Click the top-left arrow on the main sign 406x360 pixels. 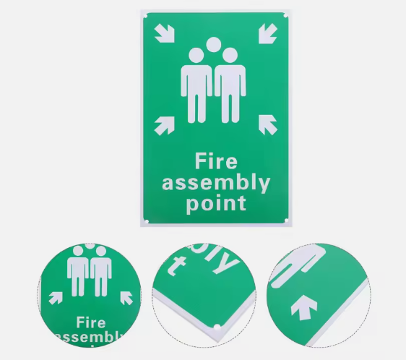165,33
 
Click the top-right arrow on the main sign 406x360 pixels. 268,34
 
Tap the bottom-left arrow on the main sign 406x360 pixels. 165,126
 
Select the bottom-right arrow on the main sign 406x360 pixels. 268,124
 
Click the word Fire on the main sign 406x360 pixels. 216,161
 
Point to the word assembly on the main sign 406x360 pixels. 216,184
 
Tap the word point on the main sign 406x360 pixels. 216,204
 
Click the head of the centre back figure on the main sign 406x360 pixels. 214,45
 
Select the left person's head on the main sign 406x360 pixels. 196,56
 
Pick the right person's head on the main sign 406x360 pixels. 230,56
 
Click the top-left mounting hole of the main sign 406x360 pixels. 145,17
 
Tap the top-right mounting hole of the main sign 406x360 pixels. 285,16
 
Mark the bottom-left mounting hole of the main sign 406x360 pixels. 147,222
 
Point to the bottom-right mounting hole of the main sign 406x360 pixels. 286,220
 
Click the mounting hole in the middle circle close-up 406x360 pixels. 217,327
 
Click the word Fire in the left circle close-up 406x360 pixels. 91,322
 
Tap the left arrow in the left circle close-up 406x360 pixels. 56,298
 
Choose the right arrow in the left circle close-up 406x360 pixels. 126,298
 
